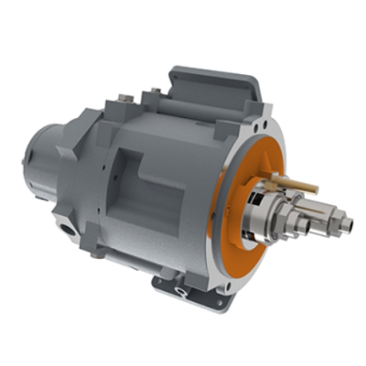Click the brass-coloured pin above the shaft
tap(301, 187)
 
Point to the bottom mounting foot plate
tap(197, 291)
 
